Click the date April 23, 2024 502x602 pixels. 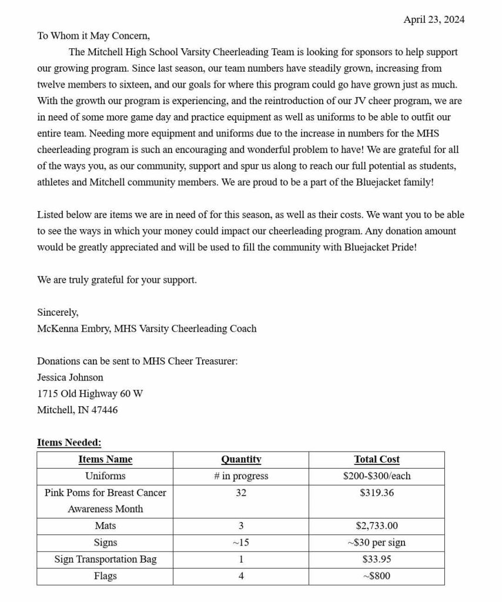point(433,19)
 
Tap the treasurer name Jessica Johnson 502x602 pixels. point(70,377)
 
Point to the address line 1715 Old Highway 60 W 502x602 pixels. point(90,393)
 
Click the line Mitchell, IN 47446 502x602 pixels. point(77,410)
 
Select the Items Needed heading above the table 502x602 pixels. point(69,443)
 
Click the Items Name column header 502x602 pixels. point(105,460)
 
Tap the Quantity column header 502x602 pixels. point(241,460)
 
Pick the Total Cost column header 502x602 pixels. point(376,460)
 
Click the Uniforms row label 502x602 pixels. point(105,476)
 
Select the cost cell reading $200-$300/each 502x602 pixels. point(376,476)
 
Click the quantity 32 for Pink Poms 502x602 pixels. point(241,493)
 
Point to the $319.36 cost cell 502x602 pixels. point(376,493)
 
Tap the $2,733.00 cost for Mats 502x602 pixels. point(376,526)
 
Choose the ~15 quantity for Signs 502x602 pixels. point(241,543)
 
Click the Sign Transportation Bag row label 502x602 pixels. point(105,559)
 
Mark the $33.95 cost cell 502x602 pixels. point(376,559)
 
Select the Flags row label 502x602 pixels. point(105,576)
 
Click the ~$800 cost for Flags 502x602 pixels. point(376,576)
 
